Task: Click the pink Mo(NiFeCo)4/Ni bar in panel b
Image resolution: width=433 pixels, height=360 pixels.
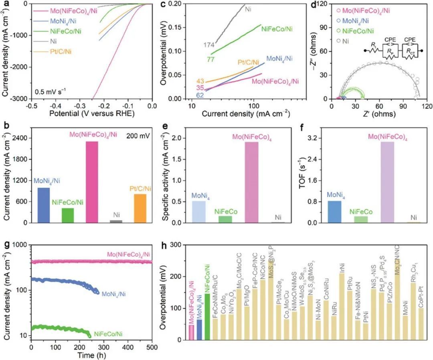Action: pos(91,182)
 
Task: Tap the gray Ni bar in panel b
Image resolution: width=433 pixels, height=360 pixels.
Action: pos(116,221)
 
